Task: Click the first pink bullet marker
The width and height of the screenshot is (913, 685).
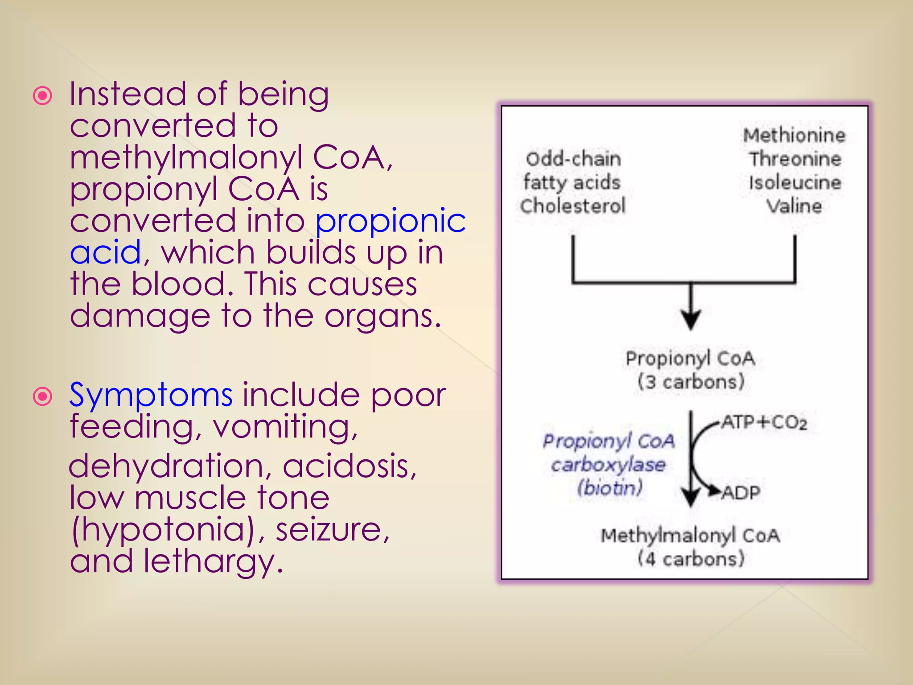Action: [x=43, y=95]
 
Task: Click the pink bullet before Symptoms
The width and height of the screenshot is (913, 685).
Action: [x=43, y=396]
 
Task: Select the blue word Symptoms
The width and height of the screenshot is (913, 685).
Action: [x=151, y=396]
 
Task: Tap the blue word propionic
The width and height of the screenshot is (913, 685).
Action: [x=391, y=221]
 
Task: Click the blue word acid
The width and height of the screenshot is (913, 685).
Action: [x=106, y=252]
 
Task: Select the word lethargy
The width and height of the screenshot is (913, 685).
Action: [x=213, y=561]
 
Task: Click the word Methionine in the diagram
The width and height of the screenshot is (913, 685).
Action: [x=794, y=136]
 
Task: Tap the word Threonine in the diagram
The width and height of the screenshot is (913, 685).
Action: [x=795, y=159]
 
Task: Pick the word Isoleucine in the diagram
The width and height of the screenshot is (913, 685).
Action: [x=795, y=183]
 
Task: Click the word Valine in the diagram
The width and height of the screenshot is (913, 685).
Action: [x=794, y=206]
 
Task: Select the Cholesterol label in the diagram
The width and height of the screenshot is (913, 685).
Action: [x=573, y=206]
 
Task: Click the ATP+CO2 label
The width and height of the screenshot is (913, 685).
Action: [x=764, y=422]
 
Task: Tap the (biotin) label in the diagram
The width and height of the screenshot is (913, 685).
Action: [x=609, y=488]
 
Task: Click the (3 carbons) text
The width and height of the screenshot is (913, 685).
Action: [x=691, y=382]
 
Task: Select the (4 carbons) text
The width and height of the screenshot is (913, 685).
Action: [x=691, y=559]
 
